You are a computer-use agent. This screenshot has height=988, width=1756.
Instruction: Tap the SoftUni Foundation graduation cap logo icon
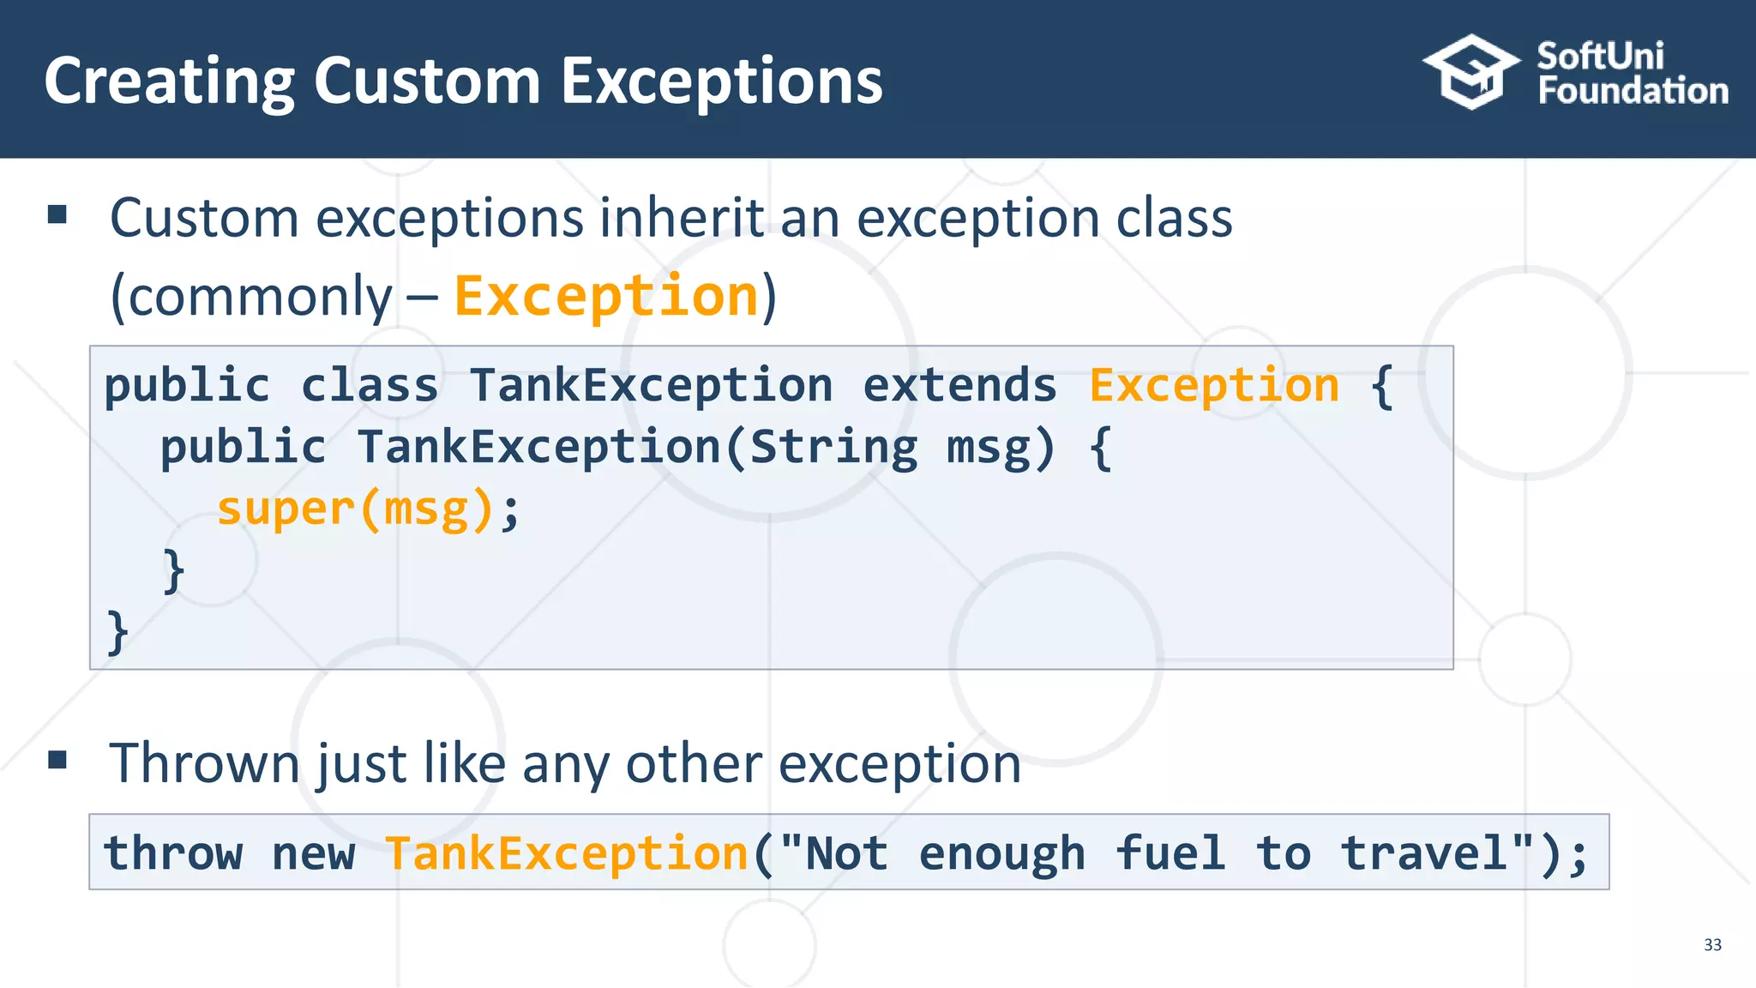click(1471, 73)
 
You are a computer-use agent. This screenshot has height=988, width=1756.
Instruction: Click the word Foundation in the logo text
click(1633, 92)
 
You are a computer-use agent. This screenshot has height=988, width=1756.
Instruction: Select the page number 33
click(1712, 945)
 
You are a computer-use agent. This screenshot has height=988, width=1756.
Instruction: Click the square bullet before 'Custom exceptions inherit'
click(57, 214)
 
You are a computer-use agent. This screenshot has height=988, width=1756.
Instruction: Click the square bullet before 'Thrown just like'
click(57, 760)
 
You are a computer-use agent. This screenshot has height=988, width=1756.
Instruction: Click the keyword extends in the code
click(959, 385)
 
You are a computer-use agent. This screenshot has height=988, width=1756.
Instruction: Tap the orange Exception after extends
click(1214, 385)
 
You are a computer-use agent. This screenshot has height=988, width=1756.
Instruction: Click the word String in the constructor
click(833, 448)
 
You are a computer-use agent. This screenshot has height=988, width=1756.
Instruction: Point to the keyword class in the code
click(370, 385)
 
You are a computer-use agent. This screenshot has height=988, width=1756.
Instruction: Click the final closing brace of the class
click(117, 633)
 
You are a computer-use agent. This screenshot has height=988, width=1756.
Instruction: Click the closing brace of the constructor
click(174, 571)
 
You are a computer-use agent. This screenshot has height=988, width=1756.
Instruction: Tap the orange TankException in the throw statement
click(567, 853)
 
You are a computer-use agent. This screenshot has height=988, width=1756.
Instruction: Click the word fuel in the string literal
click(1170, 853)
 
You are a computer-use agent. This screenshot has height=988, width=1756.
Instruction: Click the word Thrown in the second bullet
click(204, 763)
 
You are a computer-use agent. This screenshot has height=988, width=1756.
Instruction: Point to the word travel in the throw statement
click(1424, 853)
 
